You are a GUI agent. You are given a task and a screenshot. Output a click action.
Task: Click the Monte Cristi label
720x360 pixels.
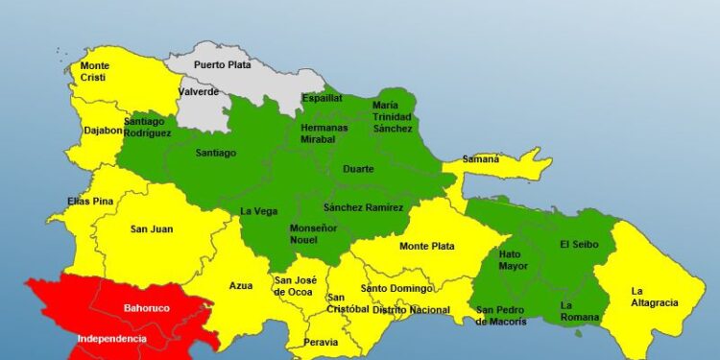tap(95, 72)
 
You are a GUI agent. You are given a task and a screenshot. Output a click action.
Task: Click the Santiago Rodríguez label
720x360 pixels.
tap(149, 126)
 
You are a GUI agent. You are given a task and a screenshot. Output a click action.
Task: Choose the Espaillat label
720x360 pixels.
tap(322, 98)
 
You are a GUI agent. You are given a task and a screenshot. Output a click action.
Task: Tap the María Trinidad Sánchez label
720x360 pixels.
tap(393, 116)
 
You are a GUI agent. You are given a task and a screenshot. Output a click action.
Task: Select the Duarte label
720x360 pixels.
tap(358, 169)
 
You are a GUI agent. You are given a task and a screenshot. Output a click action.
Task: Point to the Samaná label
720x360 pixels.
tap(481, 159)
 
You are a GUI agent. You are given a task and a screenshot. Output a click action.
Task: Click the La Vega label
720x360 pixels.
tap(258, 212)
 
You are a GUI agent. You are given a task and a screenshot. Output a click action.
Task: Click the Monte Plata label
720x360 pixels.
tap(427, 247)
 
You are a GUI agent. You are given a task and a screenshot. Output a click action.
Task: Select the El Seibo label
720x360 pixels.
tap(579, 244)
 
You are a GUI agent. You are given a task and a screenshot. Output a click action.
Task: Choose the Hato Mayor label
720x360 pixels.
tap(514, 260)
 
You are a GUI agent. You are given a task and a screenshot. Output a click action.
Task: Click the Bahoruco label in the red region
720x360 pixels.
tap(147, 309)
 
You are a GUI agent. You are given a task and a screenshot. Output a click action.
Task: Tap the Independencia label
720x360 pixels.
tap(112, 339)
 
